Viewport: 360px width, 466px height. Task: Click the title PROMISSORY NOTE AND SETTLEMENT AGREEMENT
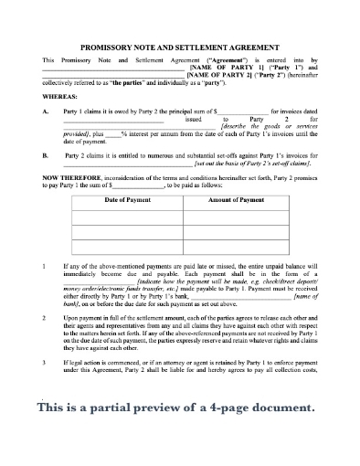tap(179, 45)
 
